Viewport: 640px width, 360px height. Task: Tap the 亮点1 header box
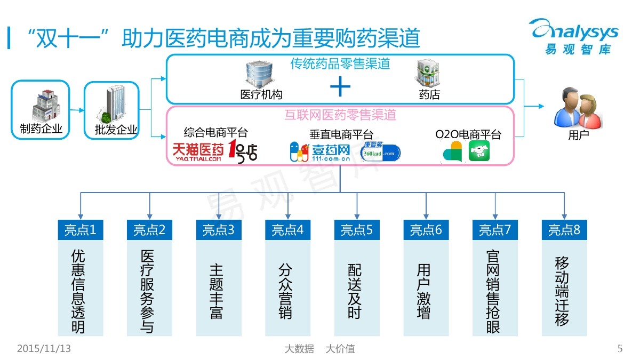(x=81, y=230)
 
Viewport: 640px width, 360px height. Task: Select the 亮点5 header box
(x=357, y=230)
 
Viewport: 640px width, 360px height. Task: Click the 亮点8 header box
(x=564, y=230)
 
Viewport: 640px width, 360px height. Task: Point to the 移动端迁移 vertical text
(x=562, y=291)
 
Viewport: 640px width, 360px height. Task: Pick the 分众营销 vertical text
(x=286, y=291)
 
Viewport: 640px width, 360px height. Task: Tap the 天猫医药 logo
(x=198, y=151)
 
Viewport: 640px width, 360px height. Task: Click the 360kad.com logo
(x=380, y=151)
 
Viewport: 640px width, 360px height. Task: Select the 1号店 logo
(x=243, y=151)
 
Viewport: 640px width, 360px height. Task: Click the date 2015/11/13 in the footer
(x=44, y=349)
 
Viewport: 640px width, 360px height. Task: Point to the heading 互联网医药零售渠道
(x=340, y=115)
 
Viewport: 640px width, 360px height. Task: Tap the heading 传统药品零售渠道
(x=340, y=64)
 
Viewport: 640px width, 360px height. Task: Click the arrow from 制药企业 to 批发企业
(x=77, y=110)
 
